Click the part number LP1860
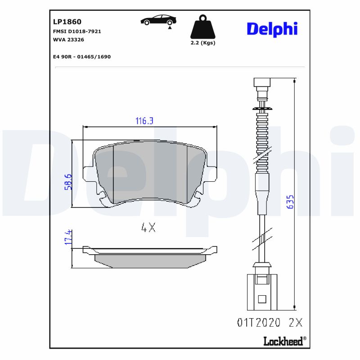click(x=67, y=21)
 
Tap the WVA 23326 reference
click(x=68, y=40)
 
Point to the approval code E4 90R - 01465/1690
click(x=82, y=57)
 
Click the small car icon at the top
click(x=158, y=21)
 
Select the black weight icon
click(x=203, y=27)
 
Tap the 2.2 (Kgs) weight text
click(x=203, y=43)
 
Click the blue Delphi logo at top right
click(x=272, y=29)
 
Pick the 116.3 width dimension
click(x=145, y=121)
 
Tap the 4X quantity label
click(x=148, y=228)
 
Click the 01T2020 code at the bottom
click(x=258, y=322)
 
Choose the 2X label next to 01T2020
click(x=295, y=322)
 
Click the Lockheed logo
click(x=284, y=341)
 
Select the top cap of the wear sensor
click(x=261, y=83)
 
